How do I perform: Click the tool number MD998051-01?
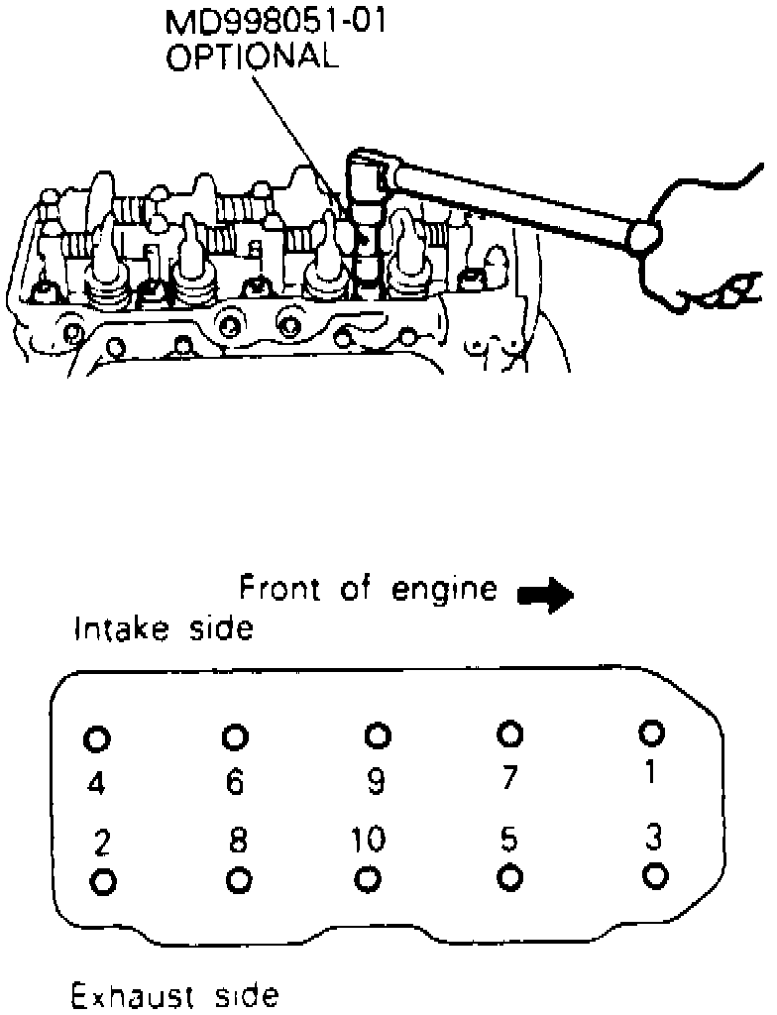276,21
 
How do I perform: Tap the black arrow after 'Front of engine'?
545,595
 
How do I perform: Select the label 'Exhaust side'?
174,994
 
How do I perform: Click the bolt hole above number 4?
96,738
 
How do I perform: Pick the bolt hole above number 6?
235,736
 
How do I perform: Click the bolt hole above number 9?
378,735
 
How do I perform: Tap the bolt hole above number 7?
510,733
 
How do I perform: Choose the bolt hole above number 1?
651,732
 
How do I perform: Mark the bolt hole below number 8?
237,879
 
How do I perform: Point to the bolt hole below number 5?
510,877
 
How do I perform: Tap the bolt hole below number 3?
654,875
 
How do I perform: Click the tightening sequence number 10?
368,841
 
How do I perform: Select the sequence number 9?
375,783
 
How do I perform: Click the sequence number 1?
650,772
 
